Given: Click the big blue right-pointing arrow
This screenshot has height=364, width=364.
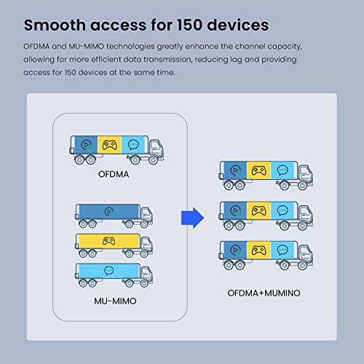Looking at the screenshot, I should coord(191,215).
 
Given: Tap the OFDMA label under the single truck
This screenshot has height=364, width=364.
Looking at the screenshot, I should coord(116,174).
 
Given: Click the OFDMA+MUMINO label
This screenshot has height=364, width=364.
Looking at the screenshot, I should coord(263,293).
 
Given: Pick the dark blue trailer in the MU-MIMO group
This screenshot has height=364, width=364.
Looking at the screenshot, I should coord(108,213).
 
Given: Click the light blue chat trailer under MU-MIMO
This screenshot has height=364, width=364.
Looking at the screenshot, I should coord(108,271).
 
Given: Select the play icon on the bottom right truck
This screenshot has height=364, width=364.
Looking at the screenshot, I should coord(235,250).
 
